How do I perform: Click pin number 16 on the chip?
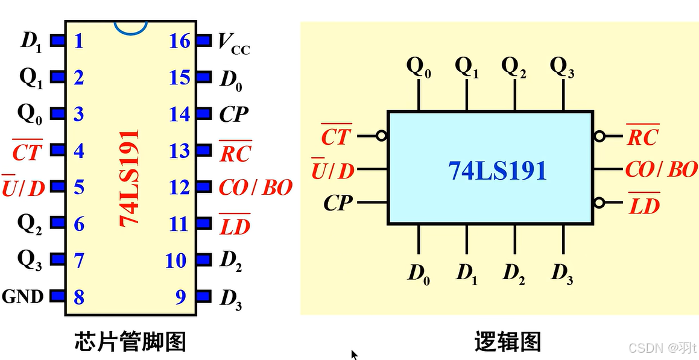(x=180, y=41)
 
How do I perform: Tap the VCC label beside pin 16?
(x=233, y=43)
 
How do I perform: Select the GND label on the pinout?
(x=23, y=297)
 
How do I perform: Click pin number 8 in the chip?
(x=78, y=297)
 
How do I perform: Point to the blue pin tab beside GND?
(x=57, y=296)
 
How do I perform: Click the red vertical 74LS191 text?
(x=129, y=177)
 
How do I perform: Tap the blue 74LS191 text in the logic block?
(x=498, y=171)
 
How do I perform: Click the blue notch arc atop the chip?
(x=131, y=28)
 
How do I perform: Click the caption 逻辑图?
(x=507, y=342)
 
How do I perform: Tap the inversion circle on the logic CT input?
(x=381, y=136)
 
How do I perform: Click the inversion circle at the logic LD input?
(x=599, y=203)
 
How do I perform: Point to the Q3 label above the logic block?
(x=561, y=67)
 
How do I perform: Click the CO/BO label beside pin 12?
(x=255, y=188)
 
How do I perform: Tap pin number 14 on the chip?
(x=180, y=114)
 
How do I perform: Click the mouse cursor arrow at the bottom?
(x=355, y=355)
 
